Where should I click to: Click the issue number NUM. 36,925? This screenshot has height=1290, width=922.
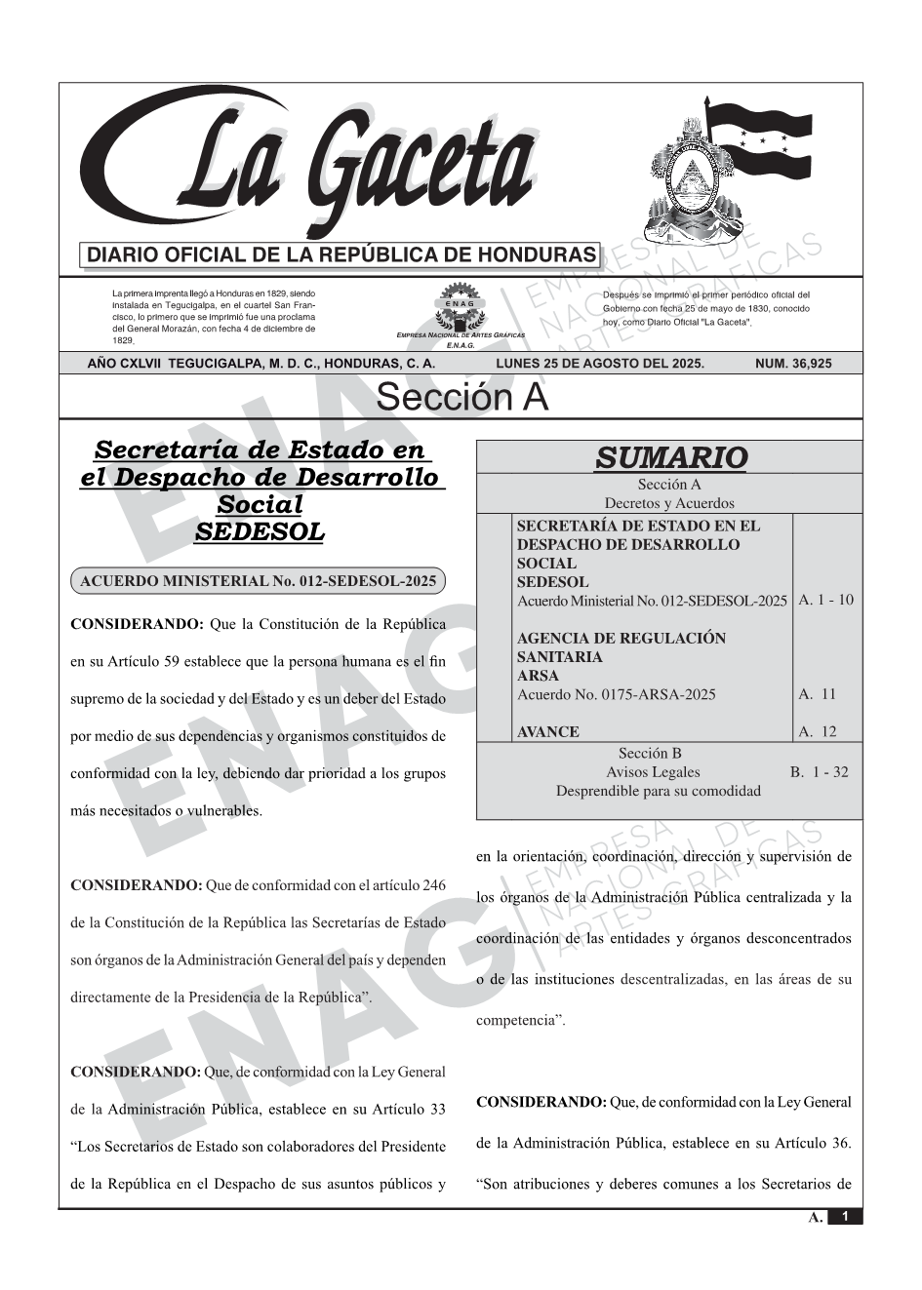793,364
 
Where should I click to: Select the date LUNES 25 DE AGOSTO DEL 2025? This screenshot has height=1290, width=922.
600,364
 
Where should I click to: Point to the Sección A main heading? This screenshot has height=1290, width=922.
461,398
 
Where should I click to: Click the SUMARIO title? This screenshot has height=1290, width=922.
671,457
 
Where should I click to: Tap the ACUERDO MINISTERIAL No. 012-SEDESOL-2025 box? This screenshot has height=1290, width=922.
258,581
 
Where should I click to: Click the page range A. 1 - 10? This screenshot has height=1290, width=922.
825,600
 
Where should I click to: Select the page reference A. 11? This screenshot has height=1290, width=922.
818,694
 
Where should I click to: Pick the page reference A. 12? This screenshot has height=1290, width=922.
818,731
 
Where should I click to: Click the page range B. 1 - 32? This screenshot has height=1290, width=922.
820,772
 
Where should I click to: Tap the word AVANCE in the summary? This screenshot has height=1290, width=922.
548,732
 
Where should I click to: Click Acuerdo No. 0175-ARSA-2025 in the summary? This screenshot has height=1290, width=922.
617,694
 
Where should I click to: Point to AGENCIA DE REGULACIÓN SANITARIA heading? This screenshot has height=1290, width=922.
621,647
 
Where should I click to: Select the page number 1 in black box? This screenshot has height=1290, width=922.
845,1217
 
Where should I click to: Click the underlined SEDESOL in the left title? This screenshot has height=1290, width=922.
260,532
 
